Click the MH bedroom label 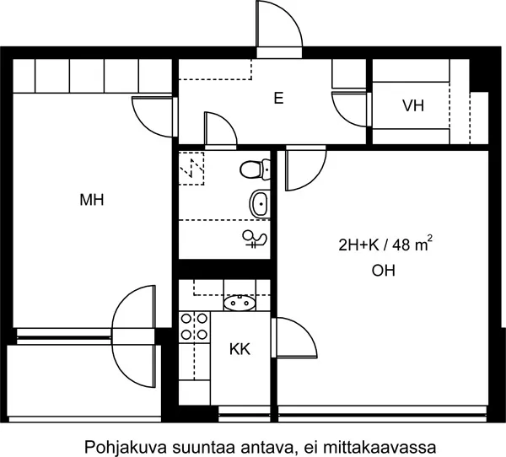pos(92,200)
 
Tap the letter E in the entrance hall pos(278,98)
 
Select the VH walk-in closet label pos(413,105)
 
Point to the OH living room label pos(384,271)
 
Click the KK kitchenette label pos(240,349)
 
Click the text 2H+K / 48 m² pos(385,245)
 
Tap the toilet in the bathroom pos(255,169)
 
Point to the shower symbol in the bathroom pos(256,239)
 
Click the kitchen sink pos(240,303)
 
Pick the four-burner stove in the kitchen pos(194,327)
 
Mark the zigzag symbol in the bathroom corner pos(191,169)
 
